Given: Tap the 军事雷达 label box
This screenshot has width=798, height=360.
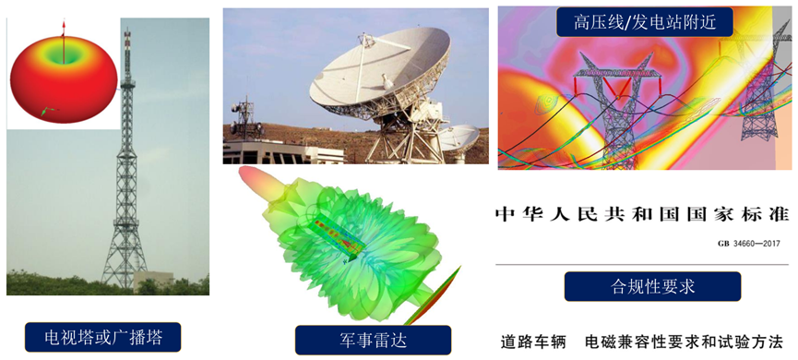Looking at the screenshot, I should (373, 339).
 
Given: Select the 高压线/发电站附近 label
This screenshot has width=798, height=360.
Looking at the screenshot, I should (644, 21).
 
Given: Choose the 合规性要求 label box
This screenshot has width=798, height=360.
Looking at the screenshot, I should (652, 286).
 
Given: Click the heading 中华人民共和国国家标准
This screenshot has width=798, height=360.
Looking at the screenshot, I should (642, 215).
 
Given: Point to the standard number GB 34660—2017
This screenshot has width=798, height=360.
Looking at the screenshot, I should (748, 244).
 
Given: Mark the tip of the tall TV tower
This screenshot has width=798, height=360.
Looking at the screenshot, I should (127, 32).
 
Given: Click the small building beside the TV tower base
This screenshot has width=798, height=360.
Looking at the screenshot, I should (153, 280).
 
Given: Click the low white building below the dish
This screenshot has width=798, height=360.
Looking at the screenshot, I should (268, 152).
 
